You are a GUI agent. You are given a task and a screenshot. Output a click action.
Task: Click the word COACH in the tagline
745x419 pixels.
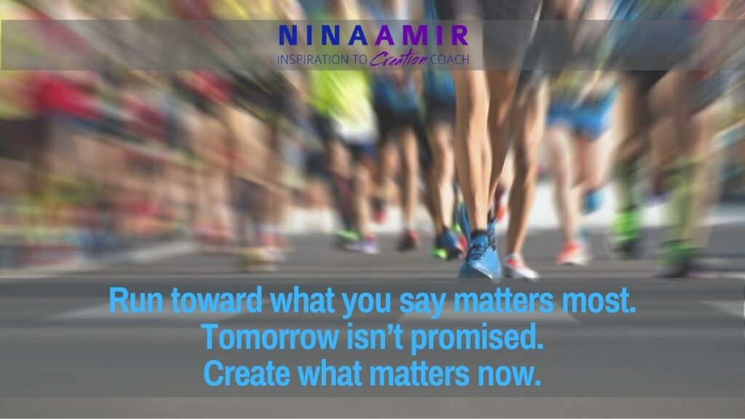450,60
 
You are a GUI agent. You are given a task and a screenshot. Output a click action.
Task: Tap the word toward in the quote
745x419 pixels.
217,300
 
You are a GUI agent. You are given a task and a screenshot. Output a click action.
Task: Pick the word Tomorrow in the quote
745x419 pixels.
271,337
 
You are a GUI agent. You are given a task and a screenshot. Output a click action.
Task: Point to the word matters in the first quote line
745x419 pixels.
503,301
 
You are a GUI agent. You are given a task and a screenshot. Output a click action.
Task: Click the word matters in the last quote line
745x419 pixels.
420,375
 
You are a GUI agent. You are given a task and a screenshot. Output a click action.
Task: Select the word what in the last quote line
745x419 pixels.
330,374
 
